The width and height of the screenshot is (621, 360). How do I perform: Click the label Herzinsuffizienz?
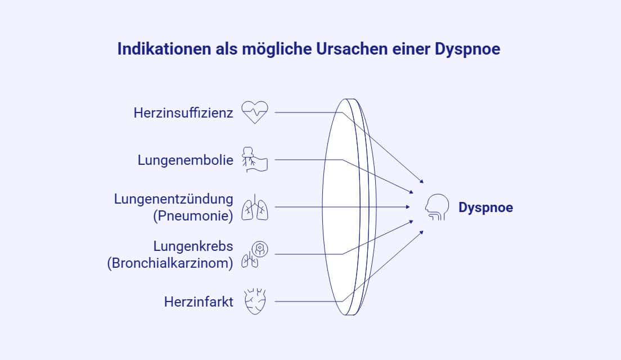183,113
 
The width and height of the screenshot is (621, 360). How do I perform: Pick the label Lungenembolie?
186,160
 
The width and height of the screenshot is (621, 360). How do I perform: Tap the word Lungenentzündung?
173,199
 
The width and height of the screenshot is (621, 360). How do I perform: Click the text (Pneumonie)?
193,216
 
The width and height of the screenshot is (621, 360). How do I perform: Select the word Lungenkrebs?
193,246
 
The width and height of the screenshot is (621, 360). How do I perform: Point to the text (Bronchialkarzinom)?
170,263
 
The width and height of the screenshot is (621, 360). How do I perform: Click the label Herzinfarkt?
199,302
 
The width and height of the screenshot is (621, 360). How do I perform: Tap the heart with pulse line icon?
255,112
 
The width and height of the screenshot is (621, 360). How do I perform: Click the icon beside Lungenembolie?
255,160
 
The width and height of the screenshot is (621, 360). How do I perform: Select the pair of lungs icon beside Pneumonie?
255,207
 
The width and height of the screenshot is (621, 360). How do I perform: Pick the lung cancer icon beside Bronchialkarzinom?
255,255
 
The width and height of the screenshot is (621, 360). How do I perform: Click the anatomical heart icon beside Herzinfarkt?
255,302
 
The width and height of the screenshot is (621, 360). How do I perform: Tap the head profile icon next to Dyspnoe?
437,207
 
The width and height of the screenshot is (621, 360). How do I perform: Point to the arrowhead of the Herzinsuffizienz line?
422,181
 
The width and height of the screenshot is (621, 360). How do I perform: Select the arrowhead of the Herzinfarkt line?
422,232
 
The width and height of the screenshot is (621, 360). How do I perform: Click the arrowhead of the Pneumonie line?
408,207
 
